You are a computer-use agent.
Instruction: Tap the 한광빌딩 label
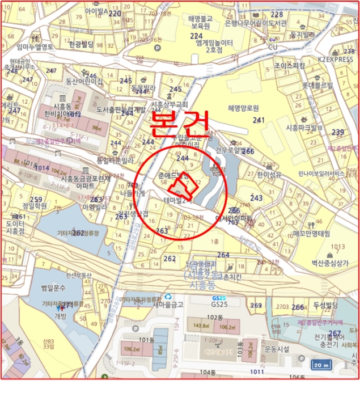point(81,44)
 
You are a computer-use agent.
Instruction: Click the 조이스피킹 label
point(290,66)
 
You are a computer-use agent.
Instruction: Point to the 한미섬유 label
point(269,174)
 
